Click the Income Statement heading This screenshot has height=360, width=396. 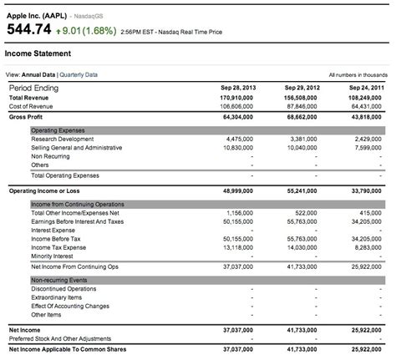click(x=37, y=53)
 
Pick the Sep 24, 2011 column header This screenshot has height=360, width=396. click(x=368, y=87)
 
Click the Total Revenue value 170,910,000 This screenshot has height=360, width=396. click(x=243, y=97)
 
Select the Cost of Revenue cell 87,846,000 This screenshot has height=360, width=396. click(x=306, y=106)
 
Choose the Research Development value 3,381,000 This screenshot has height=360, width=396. click(x=309, y=139)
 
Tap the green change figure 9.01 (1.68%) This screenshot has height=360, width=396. click(x=89, y=30)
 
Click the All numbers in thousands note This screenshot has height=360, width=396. click(x=359, y=74)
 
